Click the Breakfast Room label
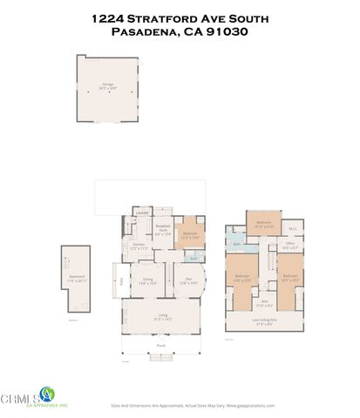pos(162,232)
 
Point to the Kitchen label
pos(138,246)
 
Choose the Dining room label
pos(148,280)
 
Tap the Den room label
pos(188,280)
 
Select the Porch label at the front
pos(161,346)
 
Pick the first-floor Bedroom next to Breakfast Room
pos(190,234)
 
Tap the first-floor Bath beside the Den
pos(194,258)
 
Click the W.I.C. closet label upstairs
pos(293,229)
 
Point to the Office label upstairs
pos(290,246)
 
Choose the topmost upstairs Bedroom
pos(262,224)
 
